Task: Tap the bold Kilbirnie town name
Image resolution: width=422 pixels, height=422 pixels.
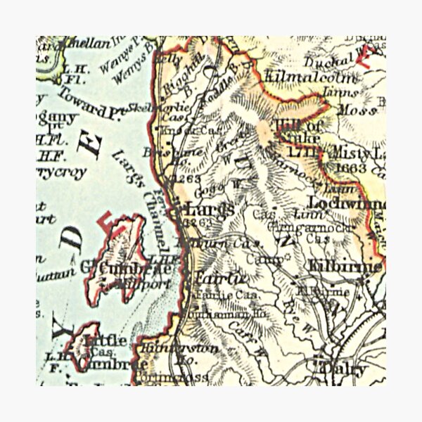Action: (x=345, y=268)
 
